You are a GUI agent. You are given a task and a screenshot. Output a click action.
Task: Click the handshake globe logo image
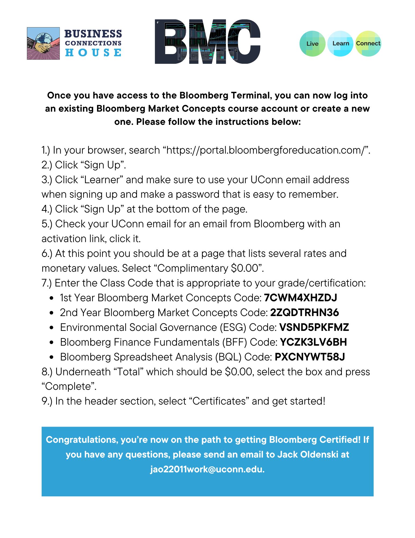[x=43, y=43]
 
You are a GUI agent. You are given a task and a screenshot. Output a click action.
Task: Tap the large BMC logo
[x=207, y=42]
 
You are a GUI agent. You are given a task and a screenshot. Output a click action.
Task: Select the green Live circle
[x=312, y=44]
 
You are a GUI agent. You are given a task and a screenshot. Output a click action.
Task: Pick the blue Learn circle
[x=340, y=44]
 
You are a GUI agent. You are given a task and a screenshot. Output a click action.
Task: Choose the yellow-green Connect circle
[x=368, y=44]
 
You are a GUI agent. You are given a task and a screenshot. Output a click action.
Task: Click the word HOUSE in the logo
[x=93, y=52]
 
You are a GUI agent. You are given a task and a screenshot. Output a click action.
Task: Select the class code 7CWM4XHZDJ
[x=300, y=298]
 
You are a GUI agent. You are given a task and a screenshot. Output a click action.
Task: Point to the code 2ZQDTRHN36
[x=304, y=313]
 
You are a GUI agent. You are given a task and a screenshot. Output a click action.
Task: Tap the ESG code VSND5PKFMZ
[x=314, y=327]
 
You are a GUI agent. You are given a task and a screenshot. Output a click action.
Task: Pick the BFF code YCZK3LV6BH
[x=313, y=342]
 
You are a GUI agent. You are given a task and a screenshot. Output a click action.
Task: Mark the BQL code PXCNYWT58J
[x=310, y=357]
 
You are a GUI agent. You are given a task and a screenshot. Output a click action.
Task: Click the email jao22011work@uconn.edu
[x=207, y=469]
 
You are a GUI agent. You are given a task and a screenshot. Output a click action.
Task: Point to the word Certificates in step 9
[x=219, y=401]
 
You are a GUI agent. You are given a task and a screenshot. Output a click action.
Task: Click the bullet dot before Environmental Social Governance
[x=52, y=328]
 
